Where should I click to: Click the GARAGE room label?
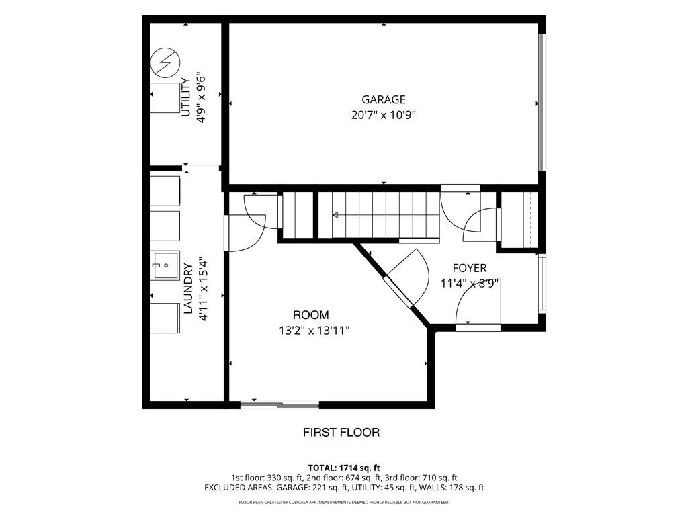(x=384, y=99)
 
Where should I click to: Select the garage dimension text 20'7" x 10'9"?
(x=384, y=115)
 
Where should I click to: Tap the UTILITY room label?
(x=186, y=97)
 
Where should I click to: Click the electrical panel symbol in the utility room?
(x=165, y=62)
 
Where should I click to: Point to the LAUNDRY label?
(x=188, y=289)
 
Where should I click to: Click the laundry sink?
(x=165, y=265)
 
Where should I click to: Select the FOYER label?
(x=470, y=268)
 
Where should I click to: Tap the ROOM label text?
(x=310, y=315)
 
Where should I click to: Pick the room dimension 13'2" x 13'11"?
(x=314, y=331)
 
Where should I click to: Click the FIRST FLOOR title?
(x=341, y=433)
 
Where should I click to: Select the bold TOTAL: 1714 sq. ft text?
(x=344, y=468)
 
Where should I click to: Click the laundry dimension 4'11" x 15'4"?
(x=203, y=289)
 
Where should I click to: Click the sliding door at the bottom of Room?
(x=280, y=404)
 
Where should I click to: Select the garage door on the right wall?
(x=542, y=102)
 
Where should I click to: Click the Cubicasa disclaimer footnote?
(x=344, y=502)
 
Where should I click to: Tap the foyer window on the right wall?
(x=542, y=284)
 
